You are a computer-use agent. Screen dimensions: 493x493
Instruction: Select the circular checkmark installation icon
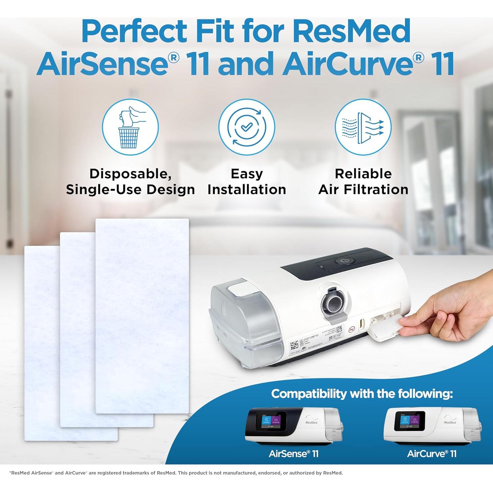(246, 127)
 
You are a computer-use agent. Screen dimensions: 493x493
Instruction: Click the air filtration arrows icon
(363, 127)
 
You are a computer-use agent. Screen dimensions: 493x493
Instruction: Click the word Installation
(246, 190)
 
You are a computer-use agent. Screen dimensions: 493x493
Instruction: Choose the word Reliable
(363, 174)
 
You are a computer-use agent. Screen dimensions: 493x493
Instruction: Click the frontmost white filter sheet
(142, 316)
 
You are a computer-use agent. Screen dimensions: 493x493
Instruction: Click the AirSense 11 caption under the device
(293, 454)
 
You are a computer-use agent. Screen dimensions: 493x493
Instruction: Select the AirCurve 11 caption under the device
(432, 454)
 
